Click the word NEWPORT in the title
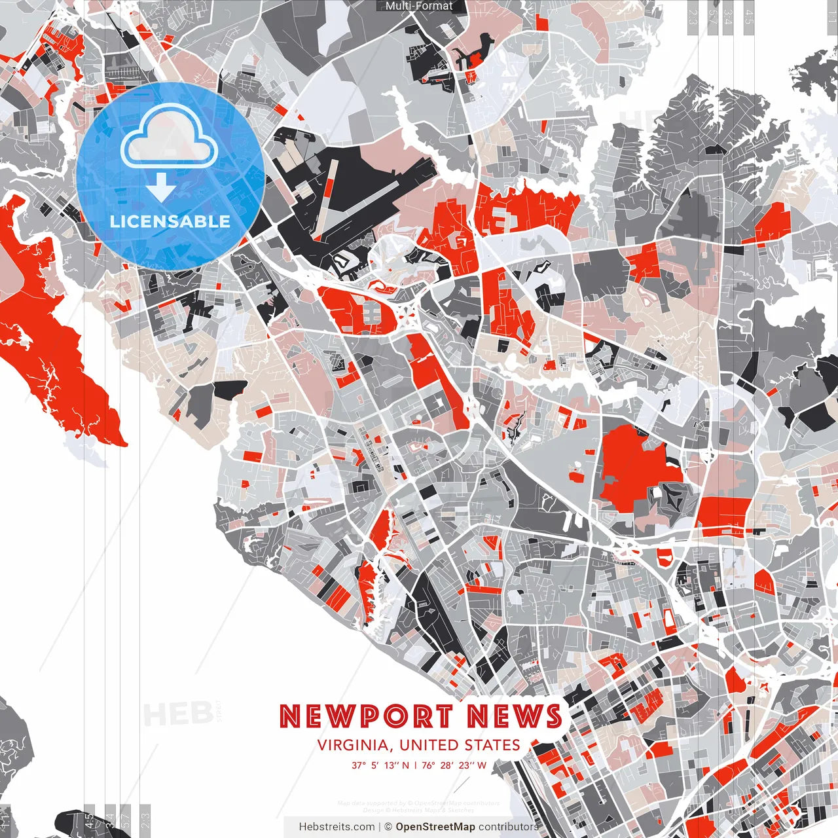(x=366, y=717)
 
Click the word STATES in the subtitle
(x=492, y=745)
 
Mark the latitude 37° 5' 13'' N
(x=380, y=765)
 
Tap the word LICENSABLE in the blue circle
(x=170, y=221)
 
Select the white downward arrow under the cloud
(x=160, y=189)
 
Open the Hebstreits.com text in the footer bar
(x=337, y=827)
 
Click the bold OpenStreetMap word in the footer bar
(x=435, y=827)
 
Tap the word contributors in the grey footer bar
(x=508, y=827)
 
